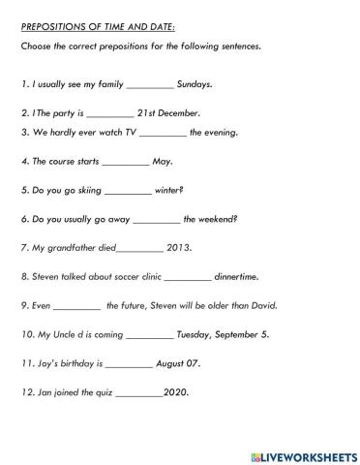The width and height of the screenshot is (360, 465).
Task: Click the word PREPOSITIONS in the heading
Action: click(49, 27)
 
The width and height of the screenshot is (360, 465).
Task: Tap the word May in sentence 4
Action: click(162, 161)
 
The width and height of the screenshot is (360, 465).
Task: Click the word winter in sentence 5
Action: click(168, 190)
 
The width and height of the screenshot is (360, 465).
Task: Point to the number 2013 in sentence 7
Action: click(179, 247)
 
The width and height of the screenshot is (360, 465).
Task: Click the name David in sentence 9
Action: click(262, 305)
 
